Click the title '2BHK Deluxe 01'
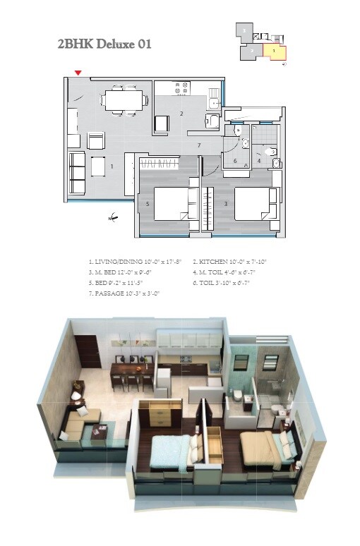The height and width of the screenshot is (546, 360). (104, 44)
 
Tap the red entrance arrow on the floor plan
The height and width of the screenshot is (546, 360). (78, 72)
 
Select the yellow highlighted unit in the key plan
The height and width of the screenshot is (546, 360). (274, 51)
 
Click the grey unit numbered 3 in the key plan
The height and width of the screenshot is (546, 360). (244, 31)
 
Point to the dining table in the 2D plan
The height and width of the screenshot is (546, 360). (124, 99)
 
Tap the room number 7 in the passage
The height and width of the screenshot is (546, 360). (200, 145)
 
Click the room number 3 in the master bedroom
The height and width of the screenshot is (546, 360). (225, 204)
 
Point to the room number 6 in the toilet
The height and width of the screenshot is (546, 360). (235, 161)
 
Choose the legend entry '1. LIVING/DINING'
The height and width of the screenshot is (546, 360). (134, 262)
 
